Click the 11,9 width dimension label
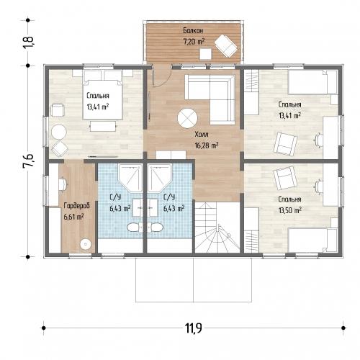(x=193, y=328)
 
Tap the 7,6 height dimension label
(x=29, y=161)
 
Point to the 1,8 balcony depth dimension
(x=28, y=42)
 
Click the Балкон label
(x=193, y=31)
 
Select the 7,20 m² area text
(x=194, y=42)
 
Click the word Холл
(x=202, y=135)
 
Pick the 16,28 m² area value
(x=207, y=145)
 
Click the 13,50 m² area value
(x=290, y=210)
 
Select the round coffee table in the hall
(x=187, y=118)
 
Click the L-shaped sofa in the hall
(x=210, y=99)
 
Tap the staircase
(x=217, y=228)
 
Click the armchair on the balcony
(x=226, y=45)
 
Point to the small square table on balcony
(x=205, y=54)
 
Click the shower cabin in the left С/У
(x=130, y=178)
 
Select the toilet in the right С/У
(x=155, y=227)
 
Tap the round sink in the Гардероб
(x=86, y=244)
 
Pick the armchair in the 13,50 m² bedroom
(x=285, y=178)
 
